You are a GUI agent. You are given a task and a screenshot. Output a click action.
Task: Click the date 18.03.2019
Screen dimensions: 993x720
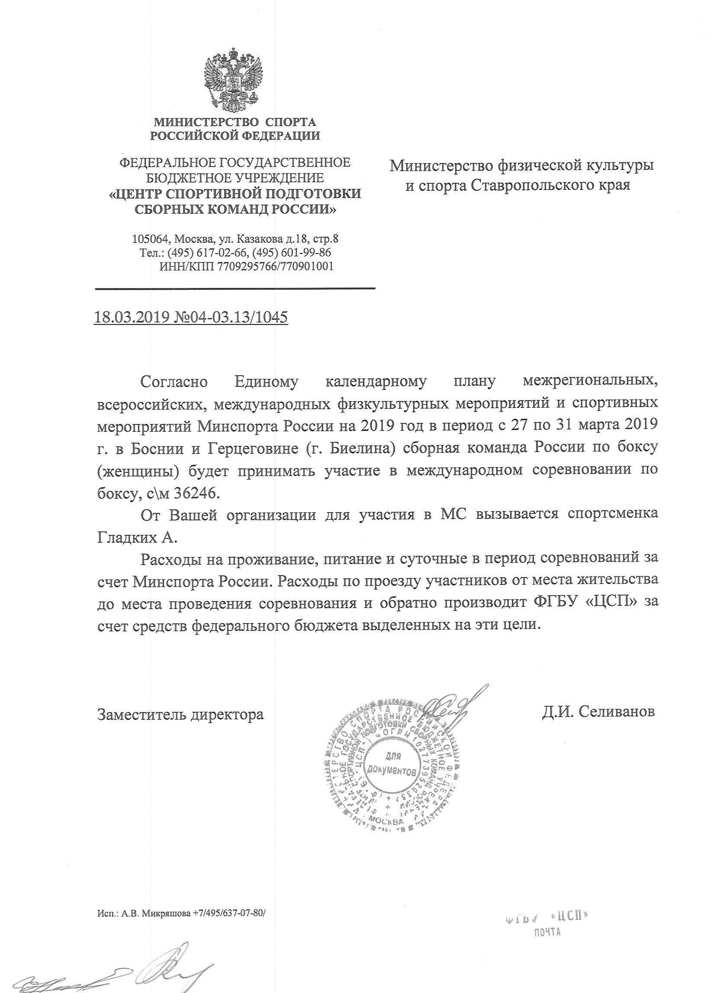[x=132, y=317]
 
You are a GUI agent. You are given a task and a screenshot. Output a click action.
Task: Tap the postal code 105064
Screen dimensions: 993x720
[x=151, y=239]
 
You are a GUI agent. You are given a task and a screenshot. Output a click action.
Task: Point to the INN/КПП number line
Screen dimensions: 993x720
[x=247, y=266]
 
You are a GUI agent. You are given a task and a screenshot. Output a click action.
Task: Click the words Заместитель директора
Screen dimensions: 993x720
[x=180, y=714]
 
